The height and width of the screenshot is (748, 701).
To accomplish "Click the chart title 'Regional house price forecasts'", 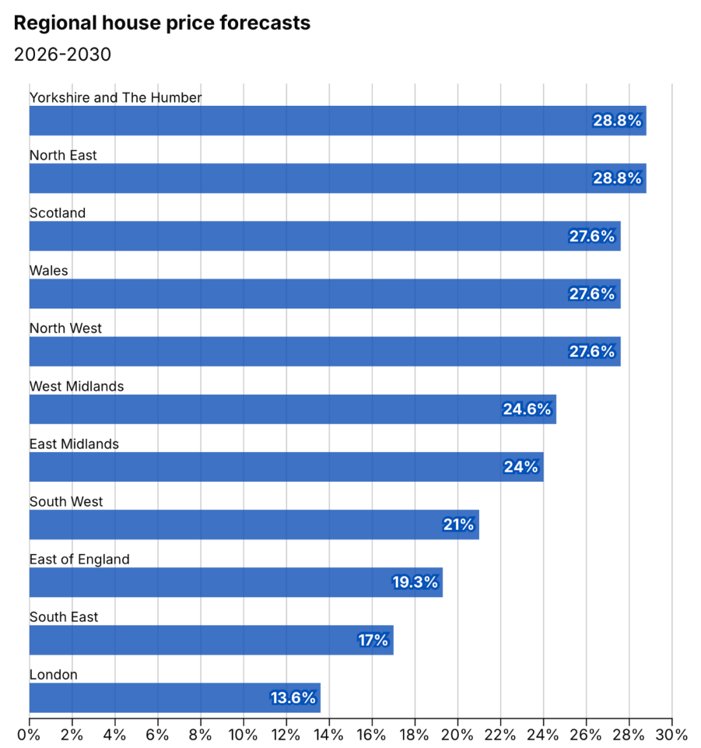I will [162, 23].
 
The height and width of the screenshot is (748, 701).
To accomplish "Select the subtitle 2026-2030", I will [62, 55].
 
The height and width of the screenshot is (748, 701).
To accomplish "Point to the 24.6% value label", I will [526, 409].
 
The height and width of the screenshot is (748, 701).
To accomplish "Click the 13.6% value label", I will [293, 698].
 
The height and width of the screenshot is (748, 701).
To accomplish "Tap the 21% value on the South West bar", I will [458, 525].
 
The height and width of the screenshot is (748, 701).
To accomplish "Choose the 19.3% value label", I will [415, 582].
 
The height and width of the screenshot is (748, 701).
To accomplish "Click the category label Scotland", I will [57, 213].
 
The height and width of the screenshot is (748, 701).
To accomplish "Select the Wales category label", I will [49, 271].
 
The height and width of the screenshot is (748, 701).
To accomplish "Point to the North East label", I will [63, 155].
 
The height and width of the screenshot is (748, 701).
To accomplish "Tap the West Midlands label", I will [77, 386].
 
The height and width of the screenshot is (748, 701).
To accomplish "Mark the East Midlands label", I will [74, 444].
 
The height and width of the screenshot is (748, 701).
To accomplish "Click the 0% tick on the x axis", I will [29, 735].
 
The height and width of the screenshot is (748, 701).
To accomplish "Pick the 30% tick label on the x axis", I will [672, 735].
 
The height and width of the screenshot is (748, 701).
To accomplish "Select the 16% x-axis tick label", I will [372, 735].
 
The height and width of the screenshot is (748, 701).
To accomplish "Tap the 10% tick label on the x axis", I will [243, 735].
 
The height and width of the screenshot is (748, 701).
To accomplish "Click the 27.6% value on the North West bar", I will [591, 351].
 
